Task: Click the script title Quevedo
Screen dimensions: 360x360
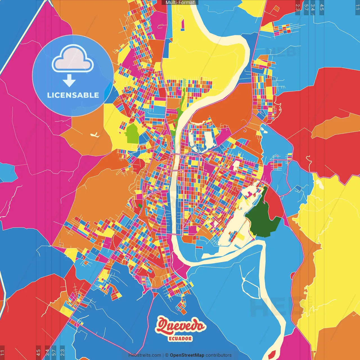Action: (x=181, y=326)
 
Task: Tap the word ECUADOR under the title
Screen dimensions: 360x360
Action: (x=180, y=339)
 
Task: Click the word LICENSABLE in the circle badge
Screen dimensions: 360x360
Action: (x=73, y=95)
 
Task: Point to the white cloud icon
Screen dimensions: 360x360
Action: (x=73, y=58)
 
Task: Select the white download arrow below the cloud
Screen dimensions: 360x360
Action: (x=69, y=80)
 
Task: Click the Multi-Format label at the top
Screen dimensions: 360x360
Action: (x=180, y=3)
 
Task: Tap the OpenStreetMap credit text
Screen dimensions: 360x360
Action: (x=187, y=355)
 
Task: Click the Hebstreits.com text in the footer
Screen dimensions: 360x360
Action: (x=145, y=355)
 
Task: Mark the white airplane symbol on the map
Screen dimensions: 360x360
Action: (x=95, y=135)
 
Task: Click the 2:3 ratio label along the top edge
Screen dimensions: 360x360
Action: (x=298, y=7)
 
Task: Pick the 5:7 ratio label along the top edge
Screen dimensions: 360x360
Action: (x=306, y=7)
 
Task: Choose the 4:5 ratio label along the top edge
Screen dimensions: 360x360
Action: (x=322, y=7)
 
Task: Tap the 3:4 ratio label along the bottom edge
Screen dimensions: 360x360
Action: (x=47, y=352)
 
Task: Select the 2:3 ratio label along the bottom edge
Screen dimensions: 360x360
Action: (x=62, y=352)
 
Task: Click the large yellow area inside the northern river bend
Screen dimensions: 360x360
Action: (x=202, y=56)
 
